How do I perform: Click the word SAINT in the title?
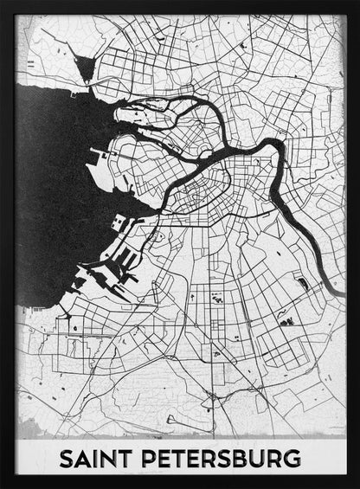coord(93,457)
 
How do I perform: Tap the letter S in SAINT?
coord(66,457)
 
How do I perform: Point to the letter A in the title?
coord(81,457)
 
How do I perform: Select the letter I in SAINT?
coord(93,457)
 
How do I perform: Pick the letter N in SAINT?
coord(105,457)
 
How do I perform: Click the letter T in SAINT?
coord(120,457)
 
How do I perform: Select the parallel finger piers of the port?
coord(126,261)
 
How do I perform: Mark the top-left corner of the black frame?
coord(3,3)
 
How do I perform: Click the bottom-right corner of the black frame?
coord(357,486)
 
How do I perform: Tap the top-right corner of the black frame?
coord(357,3)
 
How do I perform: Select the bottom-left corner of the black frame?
coord(3,486)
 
